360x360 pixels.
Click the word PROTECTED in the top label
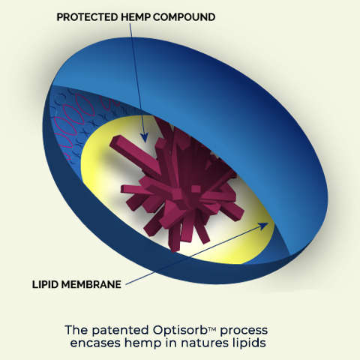click(x=87, y=17)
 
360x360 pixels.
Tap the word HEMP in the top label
click(x=136, y=17)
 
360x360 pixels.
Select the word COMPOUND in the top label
click(x=184, y=17)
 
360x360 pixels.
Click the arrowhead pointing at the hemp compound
click(x=144, y=137)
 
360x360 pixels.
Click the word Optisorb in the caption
click(x=180, y=331)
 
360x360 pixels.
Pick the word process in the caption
click(x=244, y=331)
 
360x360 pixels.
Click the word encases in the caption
click(x=95, y=343)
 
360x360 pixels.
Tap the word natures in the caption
click(x=205, y=343)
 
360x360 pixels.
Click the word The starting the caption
click(x=76, y=330)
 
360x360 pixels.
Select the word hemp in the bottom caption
click(x=143, y=343)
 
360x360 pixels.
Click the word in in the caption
click(x=172, y=342)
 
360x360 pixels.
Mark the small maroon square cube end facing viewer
click(x=196, y=189)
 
